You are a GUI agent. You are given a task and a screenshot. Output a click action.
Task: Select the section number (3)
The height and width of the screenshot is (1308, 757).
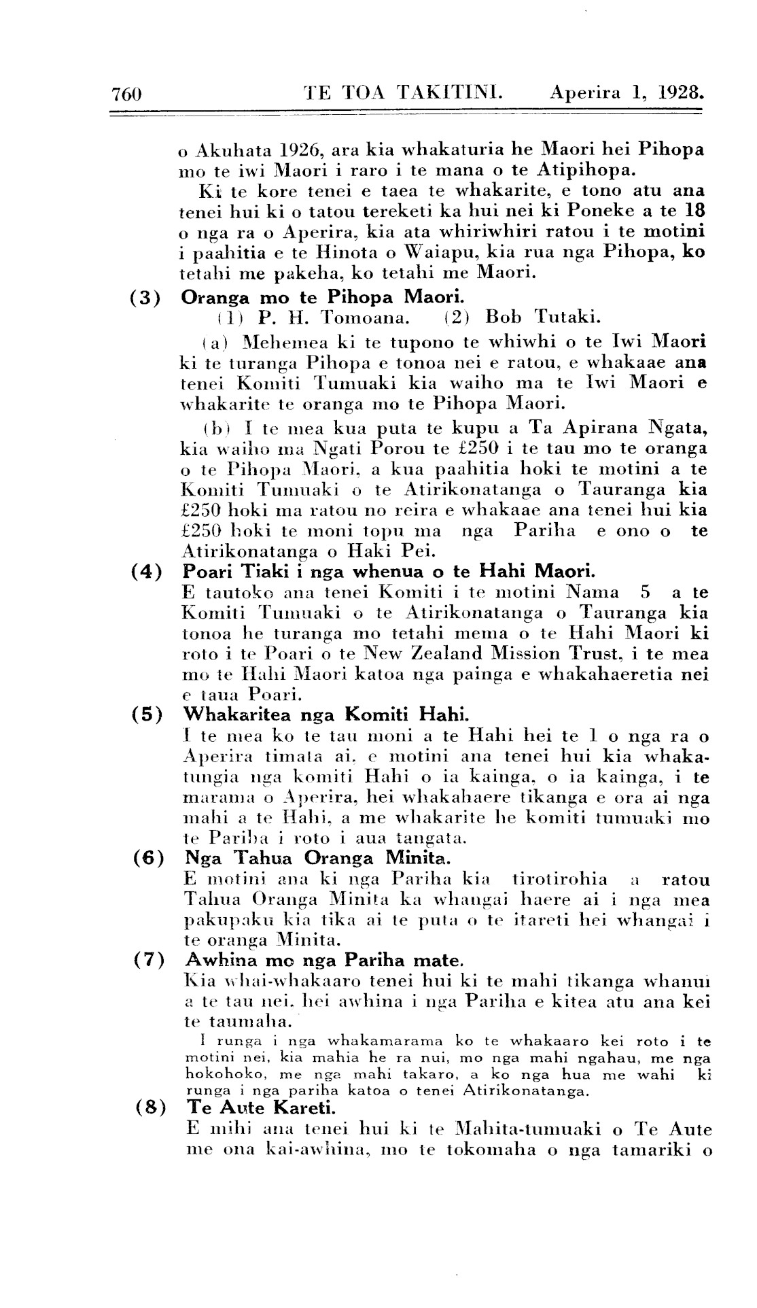click(x=145, y=297)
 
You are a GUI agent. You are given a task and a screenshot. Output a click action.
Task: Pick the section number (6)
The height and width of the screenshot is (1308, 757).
click(x=145, y=858)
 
